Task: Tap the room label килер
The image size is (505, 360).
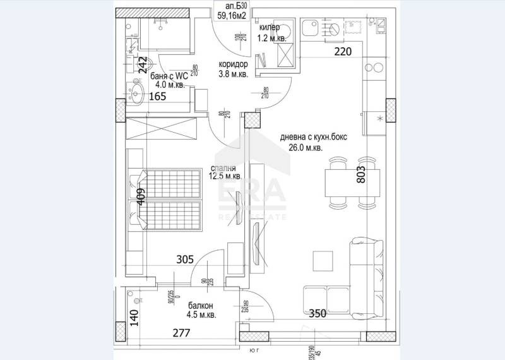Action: pyautogui.click(x=270, y=28)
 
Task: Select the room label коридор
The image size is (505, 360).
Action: pyautogui.click(x=233, y=64)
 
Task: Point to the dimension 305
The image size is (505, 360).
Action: pyautogui.click(x=184, y=258)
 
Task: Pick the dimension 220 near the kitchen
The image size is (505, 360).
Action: pyautogui.click(x=342, y=52)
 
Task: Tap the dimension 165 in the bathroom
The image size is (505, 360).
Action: pyautogui.click(x=158, y=97)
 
